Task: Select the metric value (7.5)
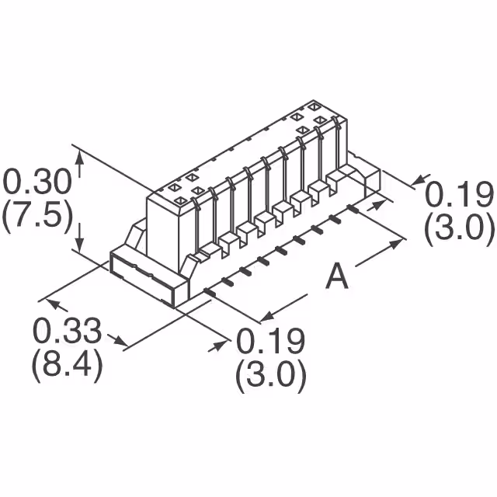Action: (37, 216)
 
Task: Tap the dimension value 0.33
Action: (67, 332)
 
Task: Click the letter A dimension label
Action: (335, 276)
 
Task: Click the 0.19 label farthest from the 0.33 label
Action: (460, 194)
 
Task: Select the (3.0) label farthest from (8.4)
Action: (460, 228)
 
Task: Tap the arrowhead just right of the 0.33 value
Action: (120, 341)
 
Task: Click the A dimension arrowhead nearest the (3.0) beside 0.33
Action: (264, 317)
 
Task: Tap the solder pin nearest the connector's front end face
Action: (209, 291)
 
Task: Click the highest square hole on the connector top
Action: (313, 106)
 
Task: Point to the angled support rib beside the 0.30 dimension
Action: (136, 234)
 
